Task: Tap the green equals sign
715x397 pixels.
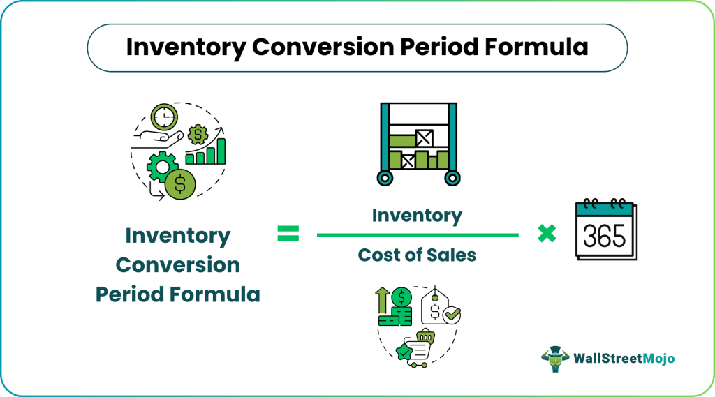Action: [x=288, y=235]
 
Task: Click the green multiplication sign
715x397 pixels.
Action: [x=547, y=234]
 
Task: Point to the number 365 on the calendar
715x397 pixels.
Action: [x=604, y=237]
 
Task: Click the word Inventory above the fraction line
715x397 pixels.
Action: [x=417, y=216]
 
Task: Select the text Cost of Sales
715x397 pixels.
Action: [x=417, y=255]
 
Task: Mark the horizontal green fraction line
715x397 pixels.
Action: [x=417, y=235]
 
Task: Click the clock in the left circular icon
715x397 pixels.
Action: [x=164, y=115]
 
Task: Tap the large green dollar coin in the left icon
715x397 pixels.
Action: [x=180, y=184]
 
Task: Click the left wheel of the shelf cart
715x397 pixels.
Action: [x=384, y=179]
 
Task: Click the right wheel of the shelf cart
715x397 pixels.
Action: [x=452, y=179]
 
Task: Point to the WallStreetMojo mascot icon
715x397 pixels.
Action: [x=555, y=357]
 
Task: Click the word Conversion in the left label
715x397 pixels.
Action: [x=177, y=265]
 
